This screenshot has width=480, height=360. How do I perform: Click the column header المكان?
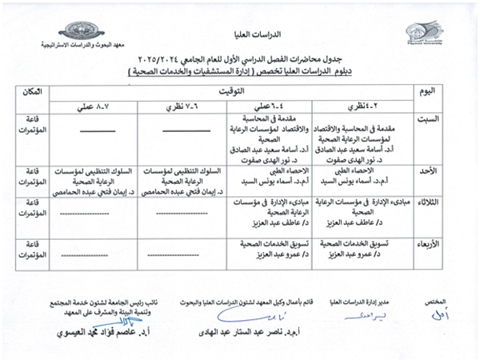(x=36, y=94)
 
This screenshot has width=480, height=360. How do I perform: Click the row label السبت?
(x=428, y=120)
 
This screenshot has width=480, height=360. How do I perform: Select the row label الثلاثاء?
(x=428, y=203)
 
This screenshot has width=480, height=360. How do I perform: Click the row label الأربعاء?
(x=428, y=244)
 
